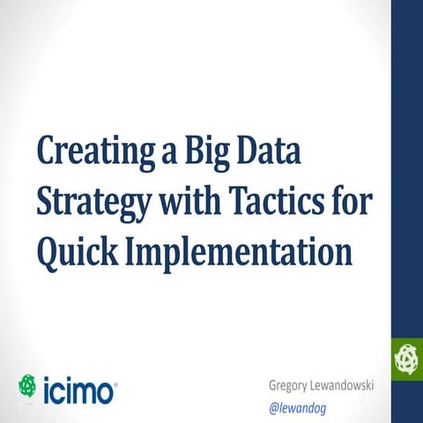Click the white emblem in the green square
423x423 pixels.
(407, 357)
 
